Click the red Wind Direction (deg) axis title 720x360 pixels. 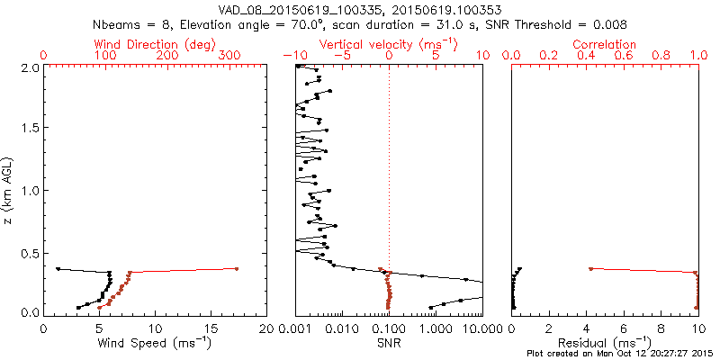pyautogui.click(x=156, y=44)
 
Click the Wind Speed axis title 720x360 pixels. pyautogui.click(x=155, y=343)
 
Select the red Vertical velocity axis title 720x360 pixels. pyautogui.click(x=389, y=44)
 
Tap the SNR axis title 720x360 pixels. pyautogui.click(x=389, y=343)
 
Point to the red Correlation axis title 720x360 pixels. pyautogui.click(x=605, y=44)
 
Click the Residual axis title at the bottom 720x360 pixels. pyautogui.click(x=605, y=343)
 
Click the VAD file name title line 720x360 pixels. pyautogui.click(x=360, y=9)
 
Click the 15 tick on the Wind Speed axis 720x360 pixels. pyautogui.click(x=211, y=328)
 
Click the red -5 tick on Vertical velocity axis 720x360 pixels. pyautogui.click(x=340, y=56)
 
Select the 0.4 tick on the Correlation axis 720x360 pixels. pyautogui.click(x=586, y=56)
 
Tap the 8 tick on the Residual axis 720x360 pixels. pyautogui.click(x=661, y=328)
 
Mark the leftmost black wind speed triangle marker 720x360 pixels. pyautogui.click(x=58, y=268)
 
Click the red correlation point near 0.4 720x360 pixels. pyautogui.click(x=590, y=268)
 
